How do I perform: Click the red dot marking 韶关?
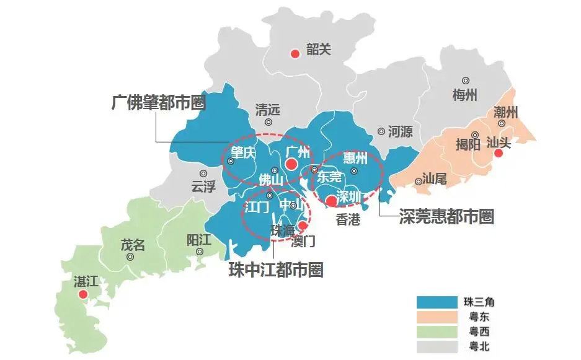[x=295, y=53]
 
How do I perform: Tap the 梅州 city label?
[x=465, y=95]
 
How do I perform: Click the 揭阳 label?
[x=468, y=144]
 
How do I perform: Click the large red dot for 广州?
[x=290, y=164]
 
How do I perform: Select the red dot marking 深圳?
[x=332, y=200]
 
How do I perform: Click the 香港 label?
[x=348, y=219]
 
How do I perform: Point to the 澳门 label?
[x=303, y=239]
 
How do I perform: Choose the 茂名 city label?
[x=132, y=244]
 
